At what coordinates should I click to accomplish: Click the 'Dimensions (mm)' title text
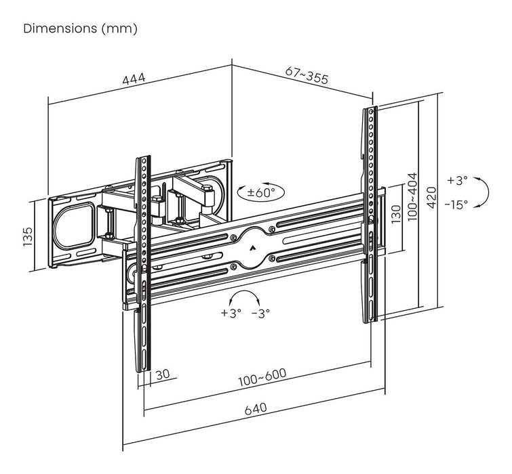click(80, 29)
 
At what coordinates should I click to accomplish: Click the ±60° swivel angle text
click(262, 192)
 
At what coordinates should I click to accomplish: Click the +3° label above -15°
click(458, 181)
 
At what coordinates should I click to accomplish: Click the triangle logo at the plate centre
click(252, 248)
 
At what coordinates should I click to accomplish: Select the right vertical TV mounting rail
click(371, 213)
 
